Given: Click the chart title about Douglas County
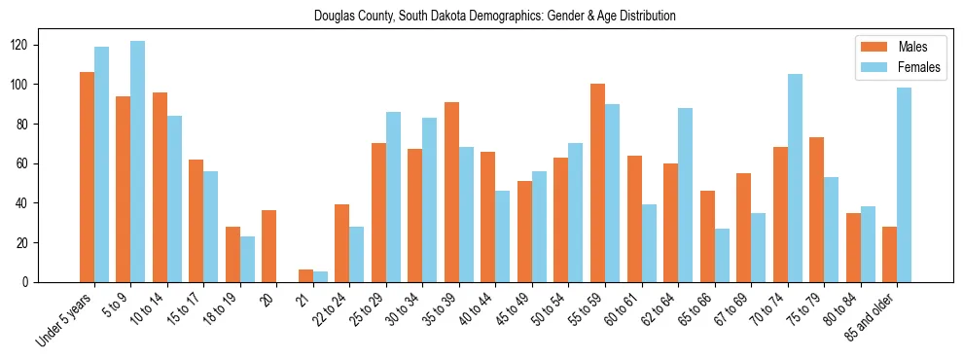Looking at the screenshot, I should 494,16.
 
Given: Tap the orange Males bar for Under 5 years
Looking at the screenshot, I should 87,177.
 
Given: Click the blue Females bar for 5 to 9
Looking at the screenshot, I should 137,162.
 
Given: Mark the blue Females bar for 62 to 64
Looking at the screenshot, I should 685,195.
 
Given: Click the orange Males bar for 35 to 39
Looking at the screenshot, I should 451,192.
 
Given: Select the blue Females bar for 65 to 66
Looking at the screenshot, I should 722,255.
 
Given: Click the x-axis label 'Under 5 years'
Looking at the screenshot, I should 65,317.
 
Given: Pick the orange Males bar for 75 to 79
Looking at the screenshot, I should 816,209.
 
